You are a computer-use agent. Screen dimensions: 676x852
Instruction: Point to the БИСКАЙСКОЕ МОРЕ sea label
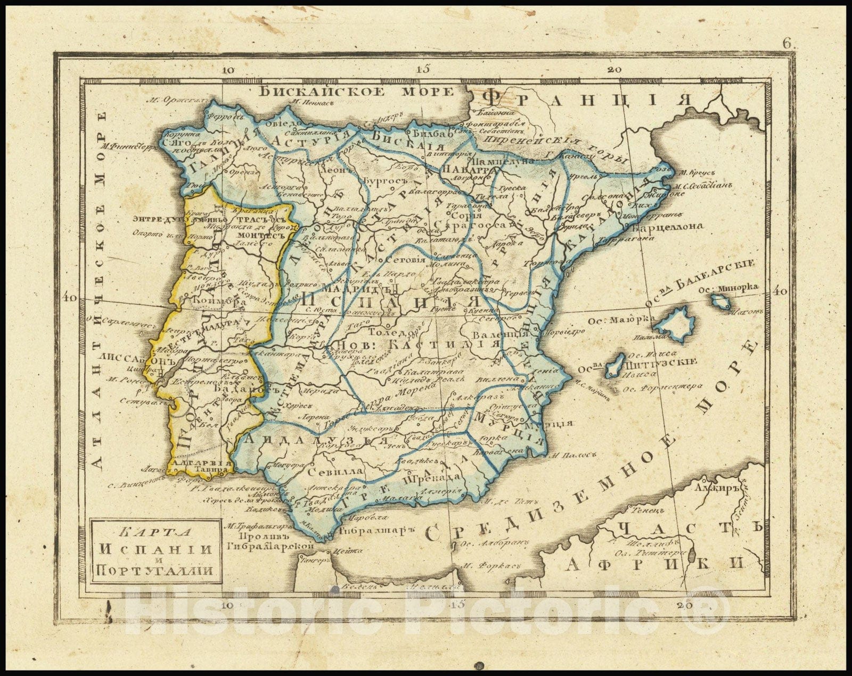[357, 92]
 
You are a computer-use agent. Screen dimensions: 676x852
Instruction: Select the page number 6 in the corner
[787, 45]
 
